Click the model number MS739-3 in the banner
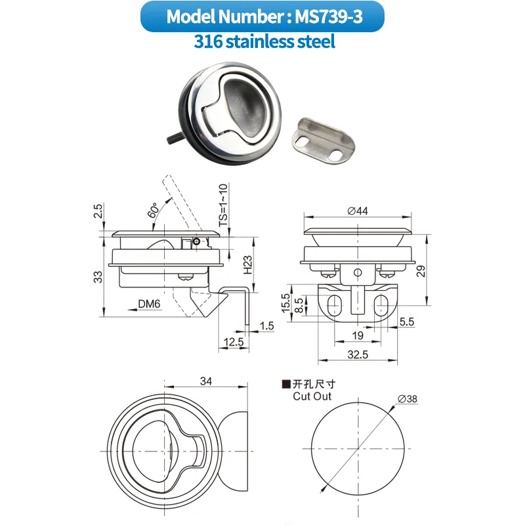click(327, 16)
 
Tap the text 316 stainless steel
click(264, 42)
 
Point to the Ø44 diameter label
click(358, 211)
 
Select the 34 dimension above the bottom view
click(206, 381)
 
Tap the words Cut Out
click(312, 396)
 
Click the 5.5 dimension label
click(407, 322)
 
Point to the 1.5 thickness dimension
click(266, 325)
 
